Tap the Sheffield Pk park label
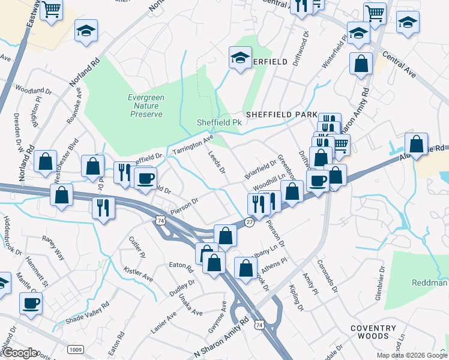[x=219, y=122]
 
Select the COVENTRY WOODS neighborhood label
[x=373, y=332]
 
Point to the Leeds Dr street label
[x=216, y=162]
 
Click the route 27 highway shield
[x=249, y=223]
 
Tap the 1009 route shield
[x=75, y=349]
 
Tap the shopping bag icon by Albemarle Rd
[x=416, y=144]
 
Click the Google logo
[x=19, y=353]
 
